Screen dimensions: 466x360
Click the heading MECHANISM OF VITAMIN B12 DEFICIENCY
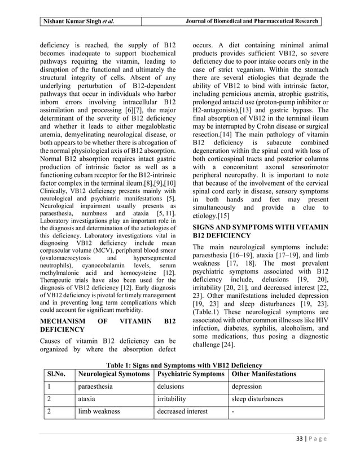[x=107, y=326]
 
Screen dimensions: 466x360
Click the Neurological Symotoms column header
[x=114, y=374]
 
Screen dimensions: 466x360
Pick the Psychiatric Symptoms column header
[x=190, y=374]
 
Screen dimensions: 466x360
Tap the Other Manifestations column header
[x=264, y=374]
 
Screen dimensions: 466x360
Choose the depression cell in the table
[x=247, y=387]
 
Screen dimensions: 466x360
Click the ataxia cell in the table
[x=87, y=399]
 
